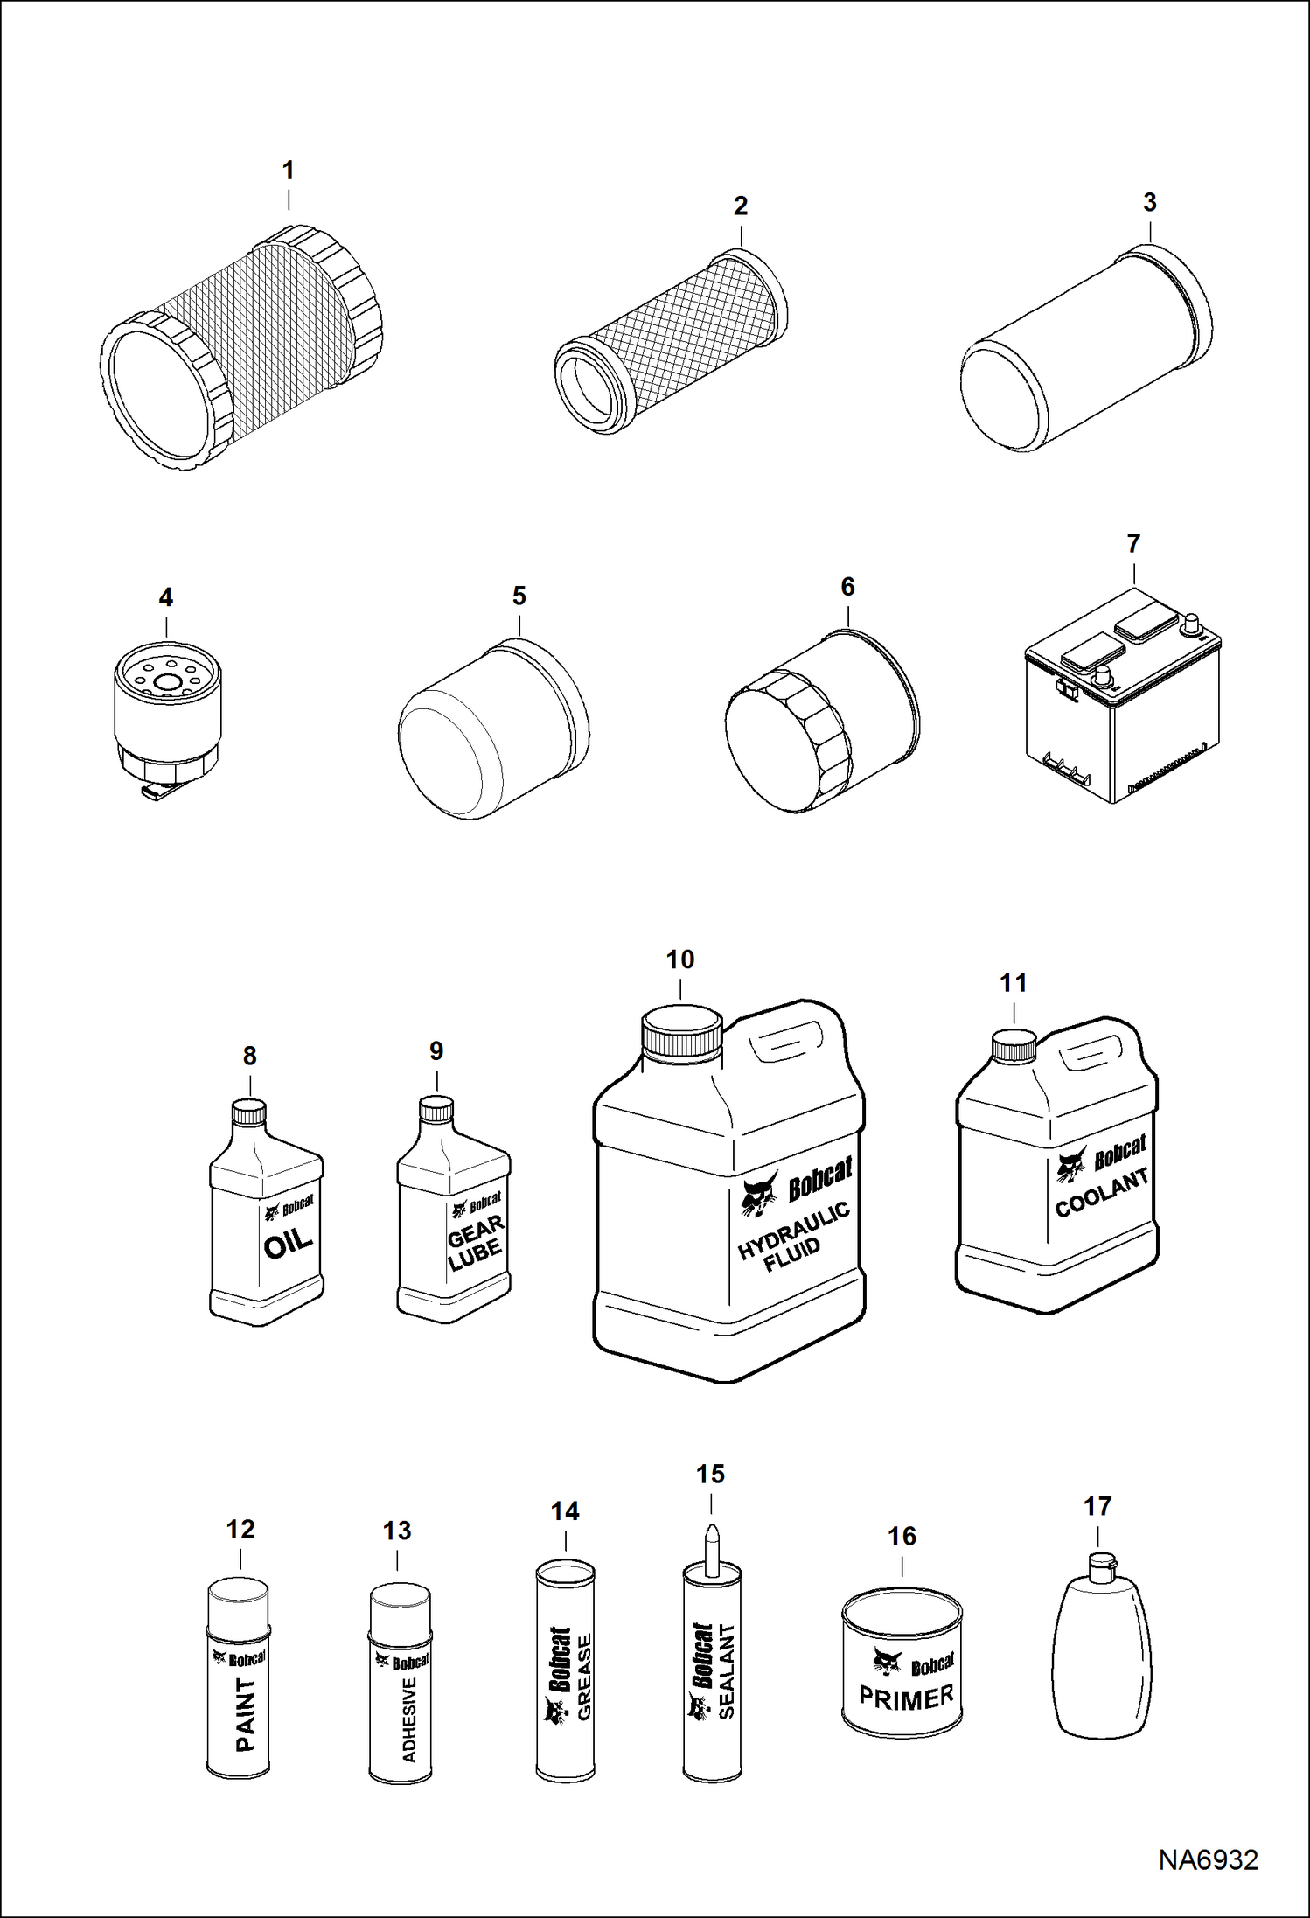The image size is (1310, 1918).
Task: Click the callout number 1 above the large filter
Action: tap(288, 171)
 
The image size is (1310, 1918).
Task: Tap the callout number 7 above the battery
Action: tap(1133, 543)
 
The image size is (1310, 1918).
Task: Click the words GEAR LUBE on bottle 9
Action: tap(475, 1243)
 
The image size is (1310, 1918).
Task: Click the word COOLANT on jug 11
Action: tap(1101, 1195)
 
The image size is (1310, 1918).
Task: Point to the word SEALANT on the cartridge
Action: tap(726, 1671)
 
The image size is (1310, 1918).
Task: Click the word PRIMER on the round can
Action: tap(906, 1698)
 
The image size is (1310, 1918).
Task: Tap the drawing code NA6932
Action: tap(1208, 1859)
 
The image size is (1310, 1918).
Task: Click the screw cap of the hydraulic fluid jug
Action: tap(682, 1032)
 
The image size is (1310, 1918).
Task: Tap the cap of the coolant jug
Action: tap(1014, 1045)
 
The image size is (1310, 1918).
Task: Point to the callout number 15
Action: tap(710, 1474)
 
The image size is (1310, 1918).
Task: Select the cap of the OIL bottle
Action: tap(248, 1112)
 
